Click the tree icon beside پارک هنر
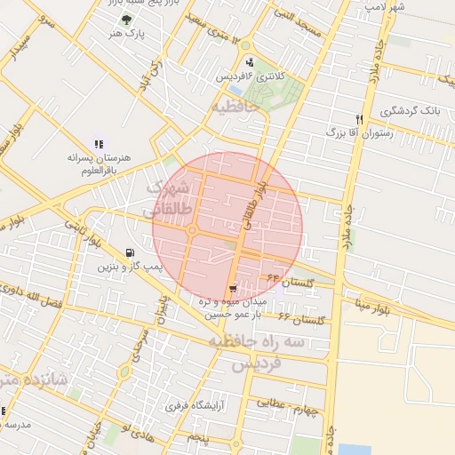pos(125,20)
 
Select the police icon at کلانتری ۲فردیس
pos(250,62)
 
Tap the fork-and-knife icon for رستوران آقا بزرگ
pos(359,118)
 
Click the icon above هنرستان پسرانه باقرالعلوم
pos(98,144)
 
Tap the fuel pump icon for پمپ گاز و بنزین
pos(132,252)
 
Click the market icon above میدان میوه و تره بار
pos(233,289)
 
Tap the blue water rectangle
pos(355,448)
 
